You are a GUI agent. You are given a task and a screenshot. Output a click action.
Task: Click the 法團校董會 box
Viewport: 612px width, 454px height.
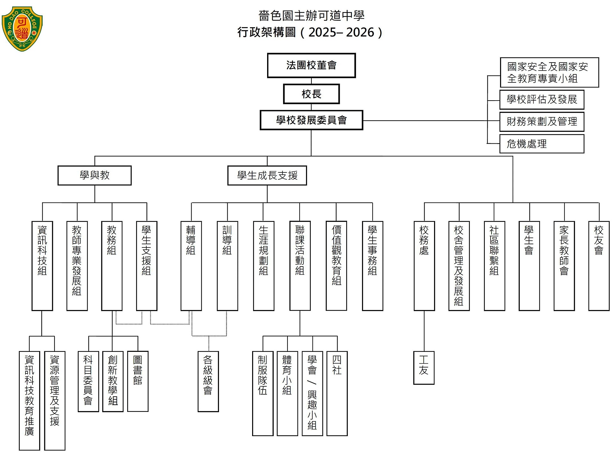311,65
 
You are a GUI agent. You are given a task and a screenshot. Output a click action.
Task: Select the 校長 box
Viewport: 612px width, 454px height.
311,94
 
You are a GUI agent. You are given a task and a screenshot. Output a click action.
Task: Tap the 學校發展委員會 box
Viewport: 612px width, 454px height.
311,120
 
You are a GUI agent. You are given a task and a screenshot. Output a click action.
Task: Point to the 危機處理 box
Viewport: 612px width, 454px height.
542,144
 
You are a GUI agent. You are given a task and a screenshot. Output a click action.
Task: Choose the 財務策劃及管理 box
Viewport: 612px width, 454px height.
542,121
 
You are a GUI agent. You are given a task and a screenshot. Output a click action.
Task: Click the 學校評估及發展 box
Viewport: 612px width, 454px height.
542,100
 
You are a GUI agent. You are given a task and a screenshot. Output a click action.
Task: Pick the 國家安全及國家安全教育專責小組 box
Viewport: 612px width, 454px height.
549,72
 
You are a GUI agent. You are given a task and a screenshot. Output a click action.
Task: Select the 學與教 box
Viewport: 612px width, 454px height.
94,175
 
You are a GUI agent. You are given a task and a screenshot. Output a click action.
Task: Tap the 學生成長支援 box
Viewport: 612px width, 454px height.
267,175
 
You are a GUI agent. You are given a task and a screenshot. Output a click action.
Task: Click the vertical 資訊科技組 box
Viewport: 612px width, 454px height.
42,266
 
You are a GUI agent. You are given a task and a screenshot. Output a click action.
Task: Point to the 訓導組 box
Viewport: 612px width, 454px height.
227,266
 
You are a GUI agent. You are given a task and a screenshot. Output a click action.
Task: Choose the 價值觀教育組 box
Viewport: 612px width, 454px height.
336,266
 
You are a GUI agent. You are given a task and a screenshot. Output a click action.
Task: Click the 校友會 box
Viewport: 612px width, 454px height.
599,266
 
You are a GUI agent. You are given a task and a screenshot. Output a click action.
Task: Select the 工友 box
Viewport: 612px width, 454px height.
424,368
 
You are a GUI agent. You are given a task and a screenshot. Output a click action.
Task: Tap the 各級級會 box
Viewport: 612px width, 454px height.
208,381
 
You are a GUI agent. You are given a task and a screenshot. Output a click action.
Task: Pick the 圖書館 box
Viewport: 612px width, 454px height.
138,381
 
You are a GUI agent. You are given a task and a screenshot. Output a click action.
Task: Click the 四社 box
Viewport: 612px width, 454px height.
337,393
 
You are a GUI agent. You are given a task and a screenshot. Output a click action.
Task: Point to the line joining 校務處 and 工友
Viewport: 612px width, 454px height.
424,331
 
